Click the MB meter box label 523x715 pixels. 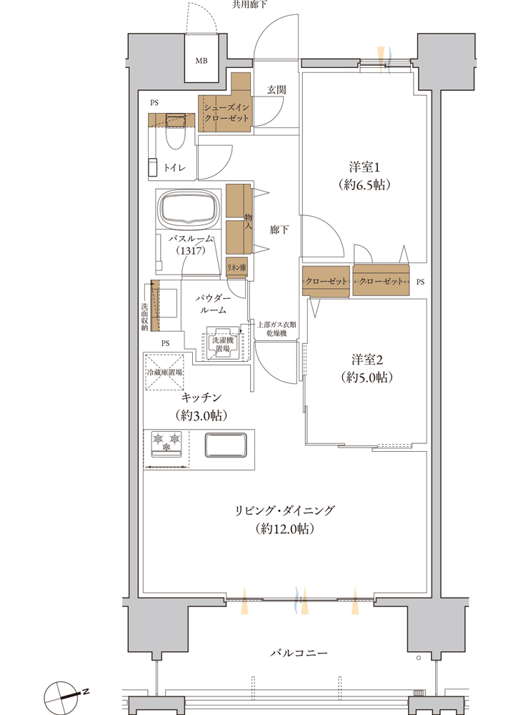[x=201, y=61]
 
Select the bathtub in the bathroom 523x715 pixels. [x=186, y=209]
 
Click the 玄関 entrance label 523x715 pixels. [x=277, y=90]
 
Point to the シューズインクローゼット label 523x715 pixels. [x=226, y=113]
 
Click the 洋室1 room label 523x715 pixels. [x=364, y=167]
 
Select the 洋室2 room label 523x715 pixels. [x=367, y=360]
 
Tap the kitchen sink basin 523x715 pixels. [x=226, y=445]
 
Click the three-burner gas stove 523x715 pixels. [x=166, y=443]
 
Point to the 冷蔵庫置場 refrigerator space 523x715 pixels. [x=164, y=372]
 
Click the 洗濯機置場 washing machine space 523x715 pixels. [x=223, y=344]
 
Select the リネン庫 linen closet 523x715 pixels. [x=236, y=267]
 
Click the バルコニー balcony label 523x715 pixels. [x=299, y=653]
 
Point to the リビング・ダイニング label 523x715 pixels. [x=285, y=511]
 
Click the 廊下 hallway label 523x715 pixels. [x=279, y=230]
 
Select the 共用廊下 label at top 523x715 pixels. [x=249, y=4]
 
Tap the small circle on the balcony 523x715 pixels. [x=418, y=658]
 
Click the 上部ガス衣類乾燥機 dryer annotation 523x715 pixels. [x=277, y=329]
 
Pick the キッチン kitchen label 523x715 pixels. [x=201, y=398]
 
